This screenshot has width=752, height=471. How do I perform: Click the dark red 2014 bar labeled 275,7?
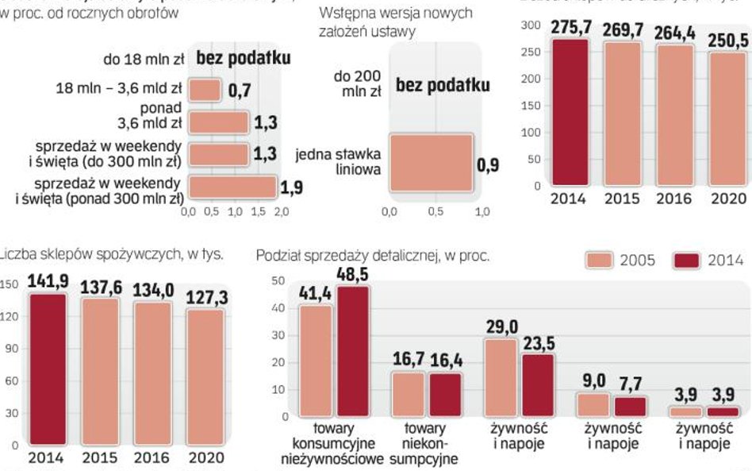[x=570, y=112]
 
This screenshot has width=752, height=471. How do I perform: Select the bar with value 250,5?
[x=728, y=118]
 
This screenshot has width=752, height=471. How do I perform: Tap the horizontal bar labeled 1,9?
[x=232, y=187]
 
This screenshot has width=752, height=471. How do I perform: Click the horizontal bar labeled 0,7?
[x=205, y=91]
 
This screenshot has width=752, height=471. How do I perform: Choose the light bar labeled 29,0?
[x=500, y=377]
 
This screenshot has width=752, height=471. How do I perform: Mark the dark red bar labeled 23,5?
[x=538, y=385]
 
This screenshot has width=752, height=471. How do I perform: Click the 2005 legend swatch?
[x=603, y=261]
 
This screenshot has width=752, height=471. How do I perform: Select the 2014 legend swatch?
[x=688, y=261]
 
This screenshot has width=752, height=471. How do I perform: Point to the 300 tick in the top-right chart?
[x=531, y=26]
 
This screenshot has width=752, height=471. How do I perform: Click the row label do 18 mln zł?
[x=144, y=59]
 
